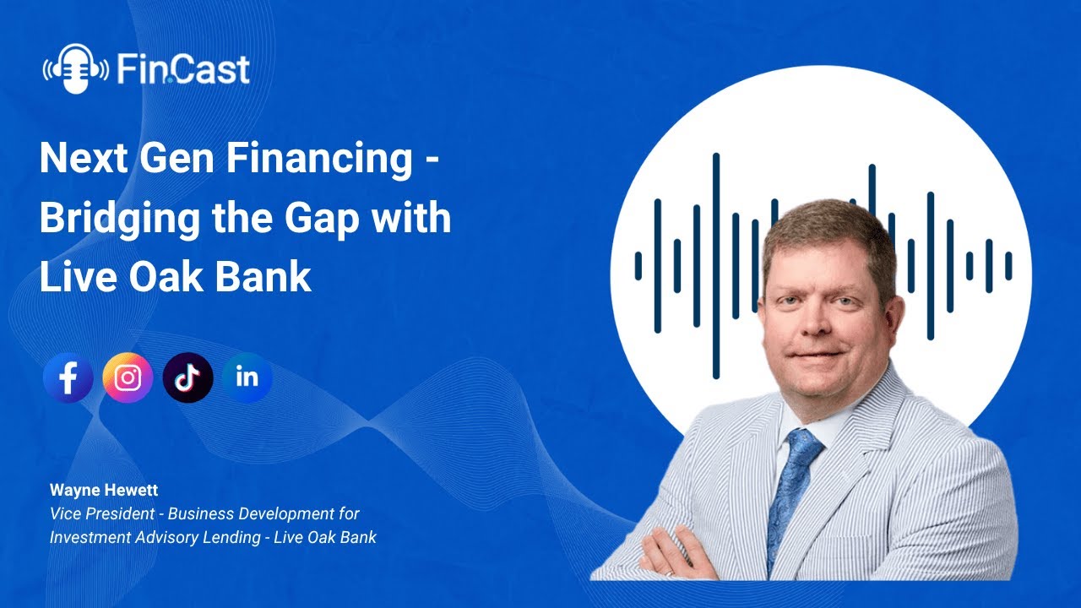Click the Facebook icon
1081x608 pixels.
68,378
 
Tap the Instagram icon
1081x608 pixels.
128,378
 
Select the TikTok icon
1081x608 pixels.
187,378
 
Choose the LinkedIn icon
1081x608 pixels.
247,377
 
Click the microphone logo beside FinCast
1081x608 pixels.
75,69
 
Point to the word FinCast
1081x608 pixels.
183,69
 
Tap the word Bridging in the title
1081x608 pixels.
107,220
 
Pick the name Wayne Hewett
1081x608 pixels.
92,490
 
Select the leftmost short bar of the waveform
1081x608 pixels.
638,266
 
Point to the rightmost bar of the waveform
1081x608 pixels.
1008,266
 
